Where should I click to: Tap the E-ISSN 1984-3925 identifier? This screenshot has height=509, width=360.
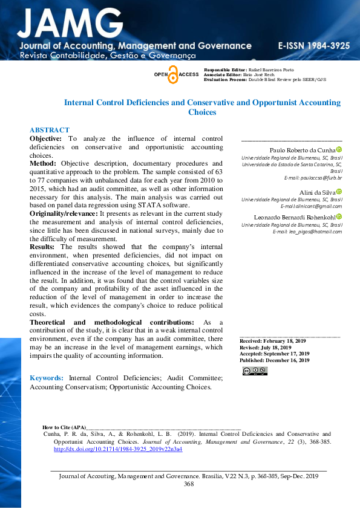point(313,46)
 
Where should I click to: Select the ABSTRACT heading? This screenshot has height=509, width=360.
point(50,130)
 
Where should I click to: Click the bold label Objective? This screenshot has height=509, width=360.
point(46,138)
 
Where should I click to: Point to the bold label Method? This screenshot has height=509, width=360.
point(44,164)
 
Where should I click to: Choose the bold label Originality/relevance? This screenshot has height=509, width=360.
point(64,214)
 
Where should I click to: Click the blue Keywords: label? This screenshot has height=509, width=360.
point(47,378)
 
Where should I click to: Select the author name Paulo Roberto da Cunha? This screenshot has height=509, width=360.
point(302,150)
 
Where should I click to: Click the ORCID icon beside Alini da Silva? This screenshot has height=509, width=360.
point(339,191)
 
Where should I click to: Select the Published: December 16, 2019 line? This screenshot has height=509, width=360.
point(275,360)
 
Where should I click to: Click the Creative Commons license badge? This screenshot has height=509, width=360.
point(254,371)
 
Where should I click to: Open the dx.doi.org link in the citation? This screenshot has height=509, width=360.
point(118,449)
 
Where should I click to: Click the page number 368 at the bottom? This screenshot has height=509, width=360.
point(189,484)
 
